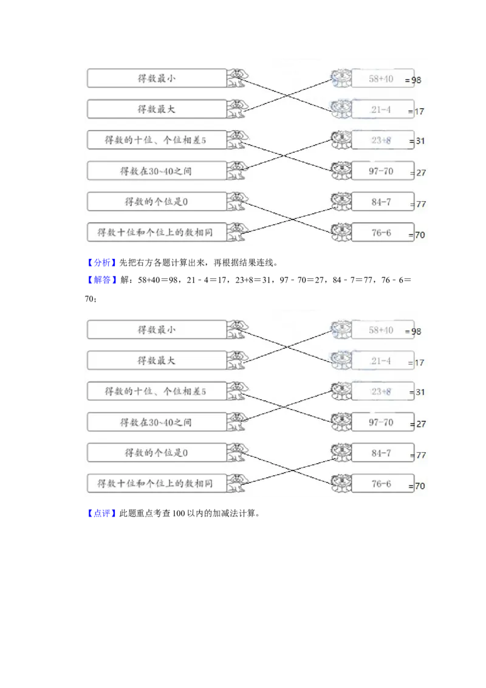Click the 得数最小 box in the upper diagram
click(x=157, y=78)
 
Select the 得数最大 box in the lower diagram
click(x=157, y=360)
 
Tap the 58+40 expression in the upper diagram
click(x=381, y=79)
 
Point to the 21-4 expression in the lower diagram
click(x=381, y=361)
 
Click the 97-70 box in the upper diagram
click(x=382, y=171)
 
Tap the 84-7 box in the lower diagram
click(x=382, y=453)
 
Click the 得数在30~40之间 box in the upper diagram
click(x=157, y=171)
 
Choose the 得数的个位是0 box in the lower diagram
click(x=157, y=453)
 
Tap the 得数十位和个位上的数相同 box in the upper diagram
click(x=157, y=232)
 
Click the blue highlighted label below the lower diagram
click(x=101, y=514)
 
